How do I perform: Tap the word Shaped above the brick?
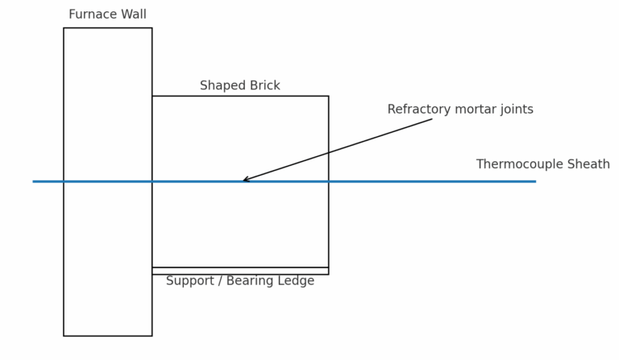tap(217, 86)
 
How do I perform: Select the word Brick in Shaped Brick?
tap(264, 86)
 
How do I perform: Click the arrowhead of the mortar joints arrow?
tap(244, 180)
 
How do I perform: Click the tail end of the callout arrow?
tap(432, 119)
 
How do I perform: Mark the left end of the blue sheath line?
tap(33, 181)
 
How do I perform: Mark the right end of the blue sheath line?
tap(535, 181)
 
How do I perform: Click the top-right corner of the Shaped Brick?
tap(328, 97)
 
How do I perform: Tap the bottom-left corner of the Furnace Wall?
tap(64, 336)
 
